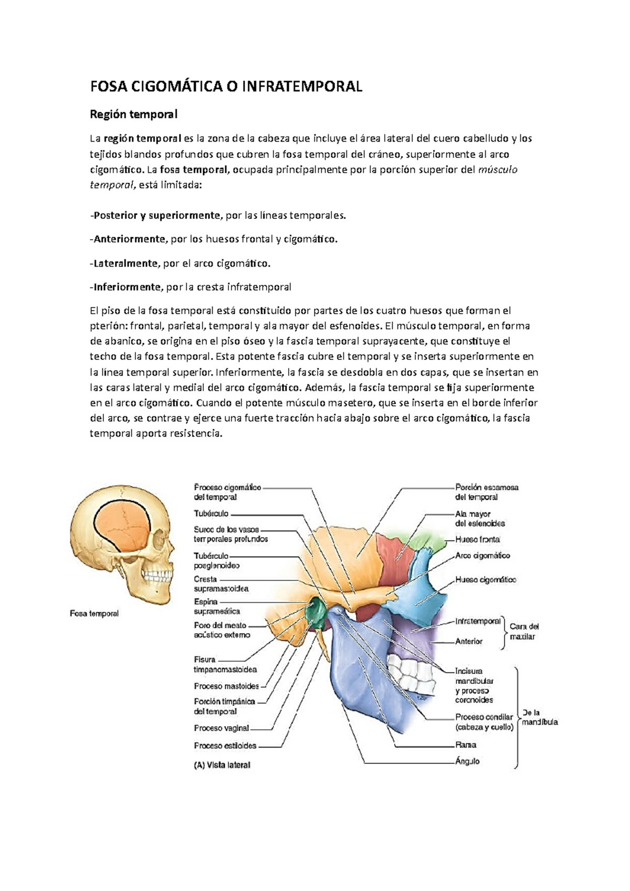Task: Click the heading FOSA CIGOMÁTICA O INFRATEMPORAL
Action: [226, 87]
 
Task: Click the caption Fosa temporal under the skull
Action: [94, 613]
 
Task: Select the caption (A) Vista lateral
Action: [222, 765]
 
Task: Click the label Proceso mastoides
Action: [226, 686]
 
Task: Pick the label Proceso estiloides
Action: [225, 745]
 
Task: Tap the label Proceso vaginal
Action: [221, 728]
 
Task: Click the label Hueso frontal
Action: [477, 539]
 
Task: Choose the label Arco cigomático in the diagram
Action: [482, 556]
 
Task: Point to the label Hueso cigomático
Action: [486, 580]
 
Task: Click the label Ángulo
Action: [467, 761]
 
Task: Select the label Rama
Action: [466, 745]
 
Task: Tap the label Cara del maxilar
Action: [523, 631]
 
